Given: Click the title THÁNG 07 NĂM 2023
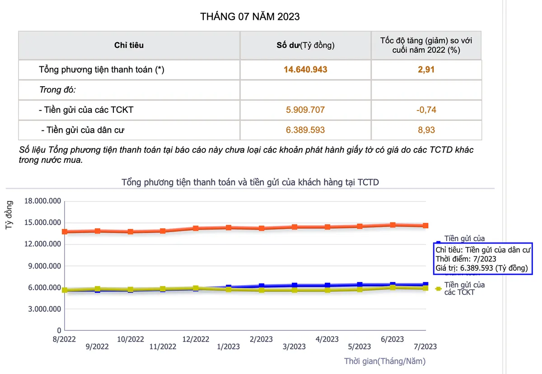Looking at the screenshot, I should tap(250, 17).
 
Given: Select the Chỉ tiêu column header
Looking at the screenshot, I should tap(129, 45).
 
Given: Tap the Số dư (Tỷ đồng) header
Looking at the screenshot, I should tap(305, 45).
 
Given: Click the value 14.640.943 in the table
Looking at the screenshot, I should tap(305, 69).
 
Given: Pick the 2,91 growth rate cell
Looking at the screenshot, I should tap(426, 69).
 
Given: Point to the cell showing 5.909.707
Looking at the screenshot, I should tap(305, 110).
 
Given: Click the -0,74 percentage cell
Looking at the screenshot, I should tap(426, 110).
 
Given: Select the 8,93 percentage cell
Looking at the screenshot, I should tap(426, 130).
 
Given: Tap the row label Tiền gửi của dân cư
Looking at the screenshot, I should tap(82, 130).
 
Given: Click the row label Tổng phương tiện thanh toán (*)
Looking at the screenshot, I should tap(102, 69).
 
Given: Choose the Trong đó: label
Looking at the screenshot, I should tap(57, 89).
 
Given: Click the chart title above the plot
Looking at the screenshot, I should tap(250, 182).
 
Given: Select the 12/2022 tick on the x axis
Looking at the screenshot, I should tap(196, 339).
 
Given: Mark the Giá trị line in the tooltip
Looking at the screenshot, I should tap(481, 268).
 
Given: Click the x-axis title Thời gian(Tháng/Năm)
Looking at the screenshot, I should tap(385, 361).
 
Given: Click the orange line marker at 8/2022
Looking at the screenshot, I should tap(65, 231).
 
